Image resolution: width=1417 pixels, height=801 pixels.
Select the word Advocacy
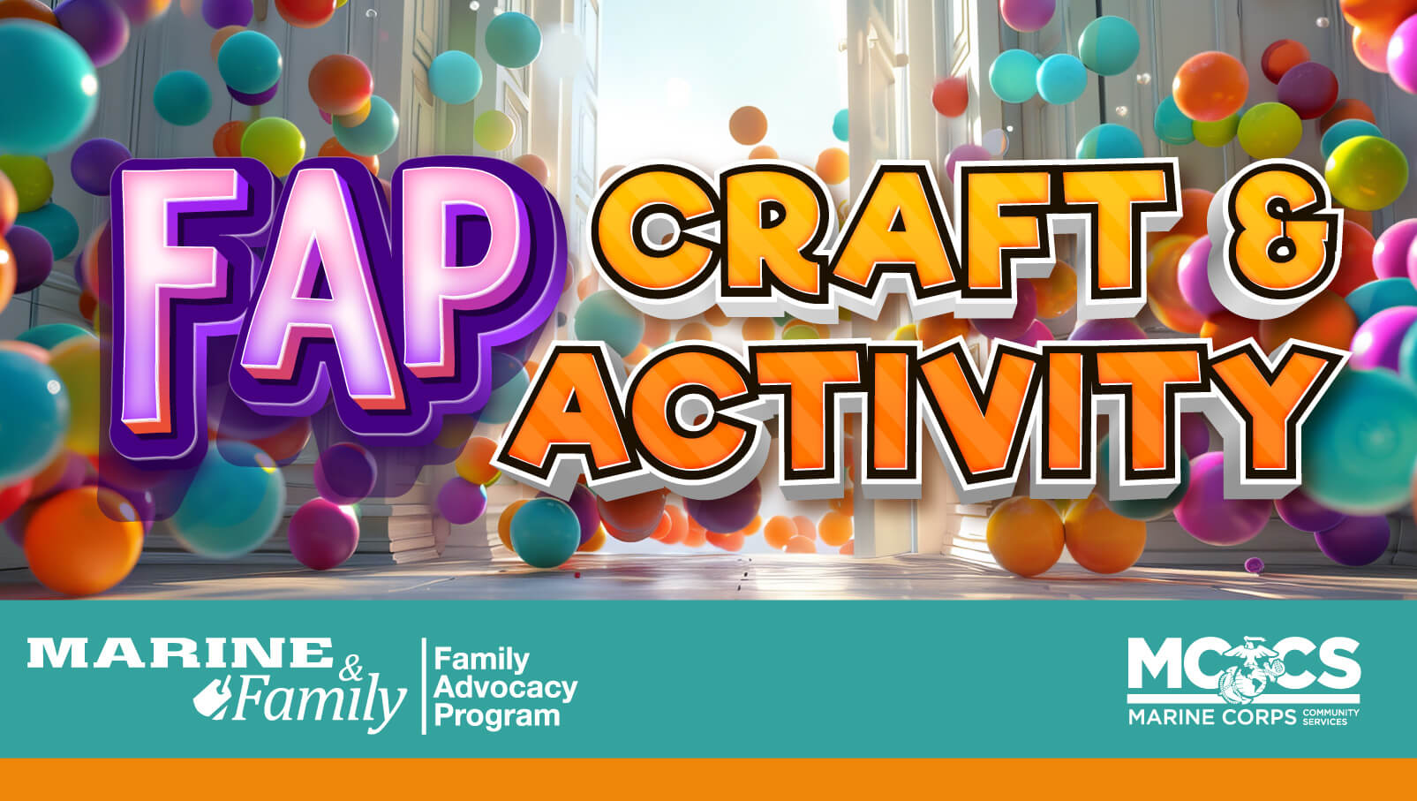click(x=506, y=687)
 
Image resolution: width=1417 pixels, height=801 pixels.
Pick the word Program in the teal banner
click(x=497, y=715)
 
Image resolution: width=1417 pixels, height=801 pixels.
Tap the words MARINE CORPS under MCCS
click(x=1211, y=716)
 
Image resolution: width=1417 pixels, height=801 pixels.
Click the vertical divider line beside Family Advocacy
click(x=425, y=686)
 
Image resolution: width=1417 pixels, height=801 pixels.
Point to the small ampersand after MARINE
click(x=350, y=669)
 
